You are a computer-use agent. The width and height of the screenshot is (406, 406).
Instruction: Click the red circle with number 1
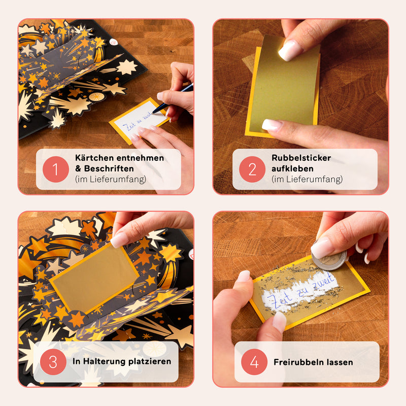[56, 170]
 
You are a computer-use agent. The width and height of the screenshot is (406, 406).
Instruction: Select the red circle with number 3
[54, 362]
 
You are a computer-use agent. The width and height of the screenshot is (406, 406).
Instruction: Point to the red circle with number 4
[254, 362]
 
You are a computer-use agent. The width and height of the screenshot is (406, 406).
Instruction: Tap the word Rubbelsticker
[301, 158]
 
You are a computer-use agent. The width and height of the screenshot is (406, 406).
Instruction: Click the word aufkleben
[292, 168]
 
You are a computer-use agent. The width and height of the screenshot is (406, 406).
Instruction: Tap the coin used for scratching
[329, 259]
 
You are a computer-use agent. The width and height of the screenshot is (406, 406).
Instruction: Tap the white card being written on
[137, 122]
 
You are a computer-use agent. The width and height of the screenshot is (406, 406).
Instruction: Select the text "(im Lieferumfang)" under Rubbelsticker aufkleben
[307, 179]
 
